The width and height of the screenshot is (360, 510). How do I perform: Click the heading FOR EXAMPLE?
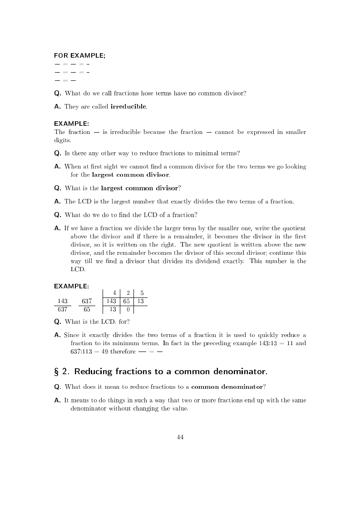coord(79,55)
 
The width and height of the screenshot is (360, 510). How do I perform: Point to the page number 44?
coord(180,437)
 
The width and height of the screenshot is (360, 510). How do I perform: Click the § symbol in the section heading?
coord(57,372)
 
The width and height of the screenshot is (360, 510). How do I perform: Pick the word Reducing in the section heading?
coord(94,372)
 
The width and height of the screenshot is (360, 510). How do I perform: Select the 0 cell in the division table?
coord(128,310)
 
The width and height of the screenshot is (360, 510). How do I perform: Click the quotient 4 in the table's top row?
coord(114,293)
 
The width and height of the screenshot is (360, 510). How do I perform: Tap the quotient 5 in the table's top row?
coord(142,293)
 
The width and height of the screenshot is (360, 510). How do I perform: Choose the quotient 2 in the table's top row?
coord(128,293)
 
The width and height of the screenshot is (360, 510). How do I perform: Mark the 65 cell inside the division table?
coord(127,301)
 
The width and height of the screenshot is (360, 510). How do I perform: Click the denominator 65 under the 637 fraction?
coord(87,310)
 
